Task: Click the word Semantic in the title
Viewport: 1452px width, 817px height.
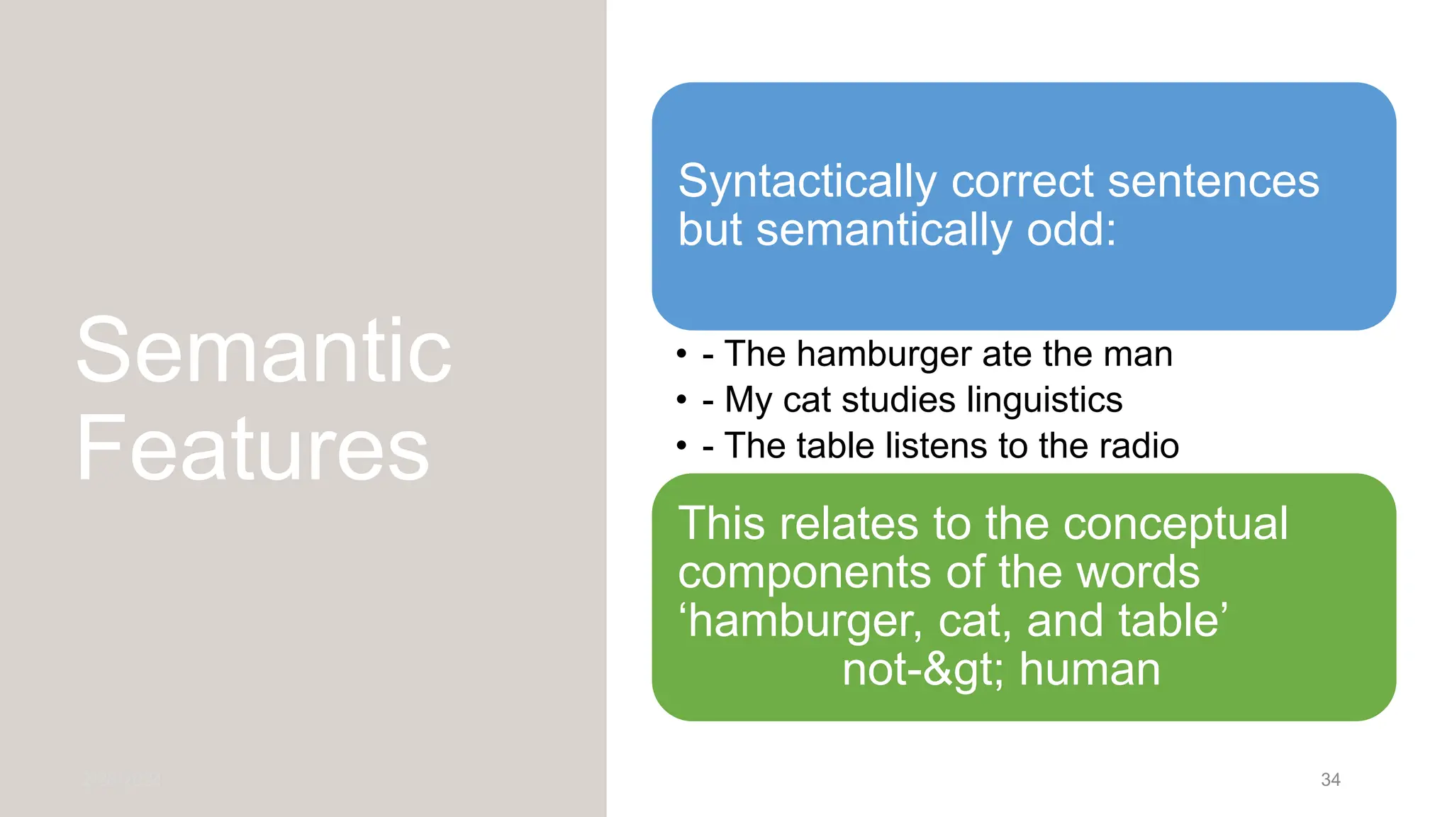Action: [x=264, y=350]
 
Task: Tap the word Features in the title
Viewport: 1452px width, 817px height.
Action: [x=253, y=449]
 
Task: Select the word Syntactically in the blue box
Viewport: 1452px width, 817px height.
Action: [x=808, y=182]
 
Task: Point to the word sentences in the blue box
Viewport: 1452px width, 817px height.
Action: [x=1213, y=182]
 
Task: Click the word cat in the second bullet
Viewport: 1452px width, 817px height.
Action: [x=807, y=399]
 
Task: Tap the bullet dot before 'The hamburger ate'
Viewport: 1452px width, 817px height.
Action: [x=682, y=354]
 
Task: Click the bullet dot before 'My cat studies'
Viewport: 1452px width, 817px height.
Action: [x=682, y=400]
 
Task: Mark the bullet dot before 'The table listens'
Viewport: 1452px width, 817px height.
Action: [x=682, y=446]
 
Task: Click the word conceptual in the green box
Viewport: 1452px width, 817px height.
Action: [x=1175, y=524]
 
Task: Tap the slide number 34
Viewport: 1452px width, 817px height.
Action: [x=1330, y=779]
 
